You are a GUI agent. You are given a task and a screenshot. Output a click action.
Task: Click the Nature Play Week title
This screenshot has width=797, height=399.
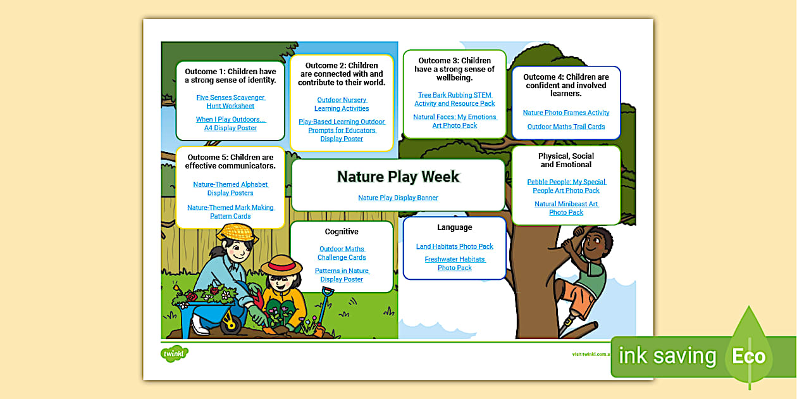398,177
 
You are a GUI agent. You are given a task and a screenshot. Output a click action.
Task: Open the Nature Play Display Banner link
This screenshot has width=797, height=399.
398,198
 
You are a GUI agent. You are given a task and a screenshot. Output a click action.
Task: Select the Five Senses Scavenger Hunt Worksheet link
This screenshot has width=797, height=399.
230,102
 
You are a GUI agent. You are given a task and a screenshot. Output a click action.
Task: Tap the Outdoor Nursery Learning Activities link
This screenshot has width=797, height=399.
342,104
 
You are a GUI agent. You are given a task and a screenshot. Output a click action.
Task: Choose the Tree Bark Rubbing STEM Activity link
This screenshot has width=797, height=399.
454,99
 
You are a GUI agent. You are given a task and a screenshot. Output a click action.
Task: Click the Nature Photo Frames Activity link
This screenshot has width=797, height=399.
566,113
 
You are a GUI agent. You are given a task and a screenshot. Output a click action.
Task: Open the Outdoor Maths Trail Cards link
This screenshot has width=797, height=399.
566,127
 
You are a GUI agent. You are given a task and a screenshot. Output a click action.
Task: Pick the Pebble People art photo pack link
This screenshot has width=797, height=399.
566,186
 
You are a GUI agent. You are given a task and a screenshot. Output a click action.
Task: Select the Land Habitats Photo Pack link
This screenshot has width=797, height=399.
454,246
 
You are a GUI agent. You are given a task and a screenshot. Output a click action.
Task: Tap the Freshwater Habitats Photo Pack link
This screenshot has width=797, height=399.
454,263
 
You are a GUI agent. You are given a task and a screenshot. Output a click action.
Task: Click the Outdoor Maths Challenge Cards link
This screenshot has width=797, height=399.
342,253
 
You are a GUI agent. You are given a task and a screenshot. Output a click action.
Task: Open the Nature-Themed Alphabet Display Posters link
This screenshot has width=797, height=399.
230,189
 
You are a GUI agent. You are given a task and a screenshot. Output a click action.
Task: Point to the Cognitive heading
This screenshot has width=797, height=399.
342,232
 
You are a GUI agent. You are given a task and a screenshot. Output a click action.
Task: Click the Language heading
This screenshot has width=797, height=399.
454,227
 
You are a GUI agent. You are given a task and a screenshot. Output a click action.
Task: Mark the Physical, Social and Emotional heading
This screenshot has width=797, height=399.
566,160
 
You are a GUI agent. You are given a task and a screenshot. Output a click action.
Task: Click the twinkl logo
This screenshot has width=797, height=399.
175,353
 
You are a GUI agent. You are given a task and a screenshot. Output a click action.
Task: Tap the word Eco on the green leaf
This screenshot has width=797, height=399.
749,356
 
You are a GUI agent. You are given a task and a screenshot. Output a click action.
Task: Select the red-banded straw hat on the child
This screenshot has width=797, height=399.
285,264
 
